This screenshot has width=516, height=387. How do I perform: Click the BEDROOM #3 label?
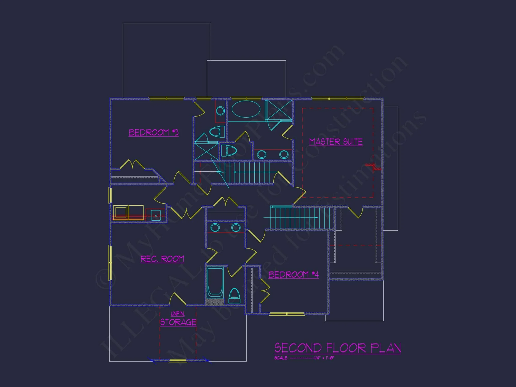click(154, 132)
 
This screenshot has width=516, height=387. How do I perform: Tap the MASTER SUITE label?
click(336, 142)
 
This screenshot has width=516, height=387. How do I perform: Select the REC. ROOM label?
click(162, 259)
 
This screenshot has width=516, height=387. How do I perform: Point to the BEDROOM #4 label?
click(294, 275)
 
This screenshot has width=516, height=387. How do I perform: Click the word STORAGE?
click(178, 322)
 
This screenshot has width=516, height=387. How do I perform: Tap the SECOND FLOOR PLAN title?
click(337, 348)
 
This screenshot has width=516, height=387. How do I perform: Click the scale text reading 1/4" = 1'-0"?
click(324, 358)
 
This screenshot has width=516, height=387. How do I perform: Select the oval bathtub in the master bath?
click(246, 109)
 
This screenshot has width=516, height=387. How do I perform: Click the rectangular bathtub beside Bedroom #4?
click(215, 283)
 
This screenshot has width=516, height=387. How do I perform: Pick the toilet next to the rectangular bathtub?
click(234, 296)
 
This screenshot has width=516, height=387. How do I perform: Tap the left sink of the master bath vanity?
click(262, 155)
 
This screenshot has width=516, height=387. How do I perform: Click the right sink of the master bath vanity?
click(284, 155)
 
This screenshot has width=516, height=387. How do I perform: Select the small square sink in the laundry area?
click(156, 215)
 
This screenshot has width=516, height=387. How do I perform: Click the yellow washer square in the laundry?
click(121, 212)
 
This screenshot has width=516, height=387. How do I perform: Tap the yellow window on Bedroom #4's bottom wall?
click(287, 314)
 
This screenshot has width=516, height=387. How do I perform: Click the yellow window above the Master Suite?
click(337, 98)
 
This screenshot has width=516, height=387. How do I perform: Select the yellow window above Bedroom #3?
click(166, 98)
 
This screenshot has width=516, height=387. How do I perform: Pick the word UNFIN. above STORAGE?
click(178, 314)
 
